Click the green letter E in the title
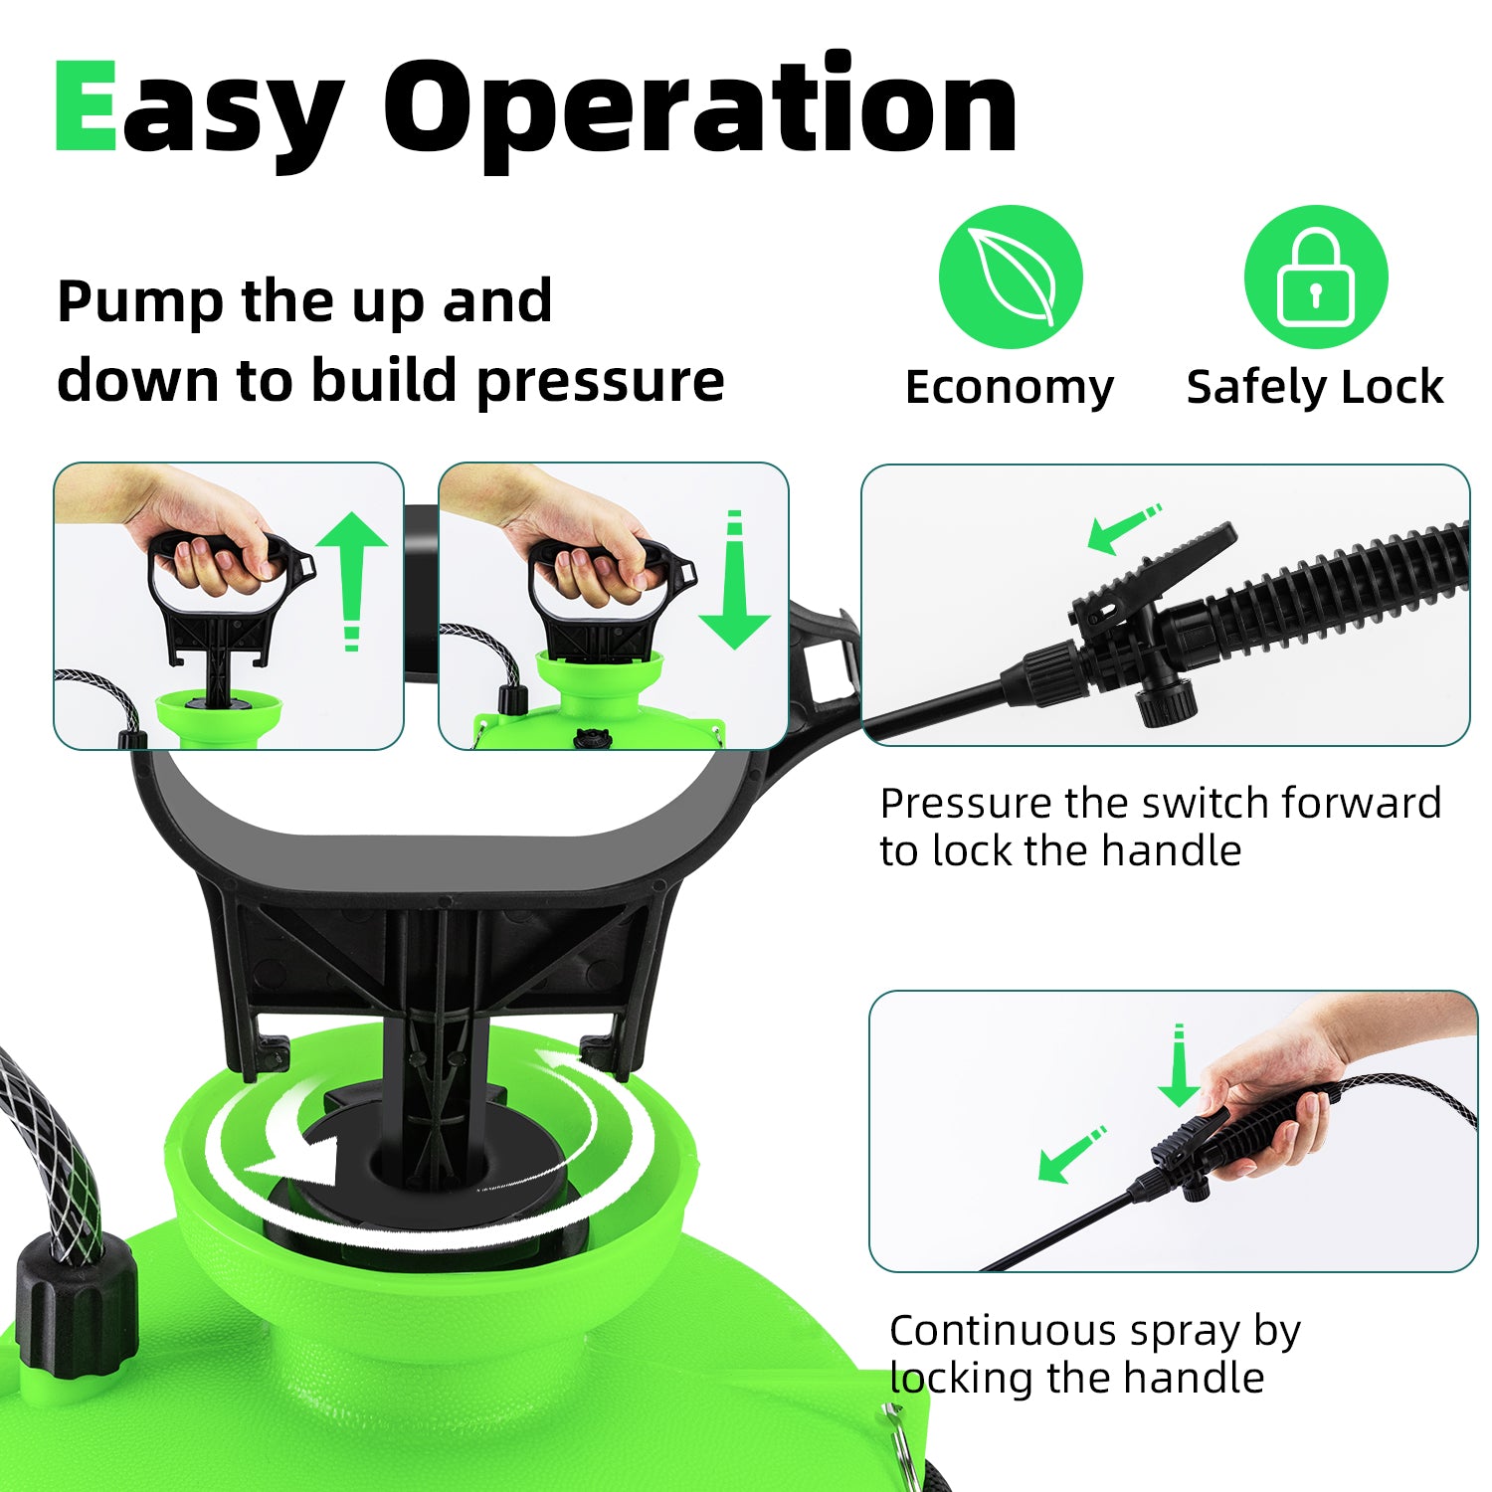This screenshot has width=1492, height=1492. (x=85, y=106)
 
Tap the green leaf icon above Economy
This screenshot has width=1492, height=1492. (x=1011, y=277)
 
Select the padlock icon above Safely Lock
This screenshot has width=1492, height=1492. (x=1315, y=277)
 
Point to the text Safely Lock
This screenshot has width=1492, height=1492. (x=1315, y=387)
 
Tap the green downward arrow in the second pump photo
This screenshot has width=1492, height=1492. (x=734, y=580)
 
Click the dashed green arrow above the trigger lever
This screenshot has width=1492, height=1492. (x=1124, y=528)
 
